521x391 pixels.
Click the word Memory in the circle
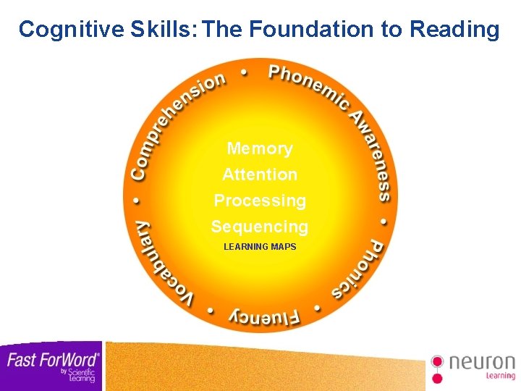point(260,148)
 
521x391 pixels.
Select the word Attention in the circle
point(260,175)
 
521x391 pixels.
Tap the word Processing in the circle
point(260,201)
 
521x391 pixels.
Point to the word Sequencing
point(260,227)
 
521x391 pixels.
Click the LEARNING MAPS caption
point(260,247)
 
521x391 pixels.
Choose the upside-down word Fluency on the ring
point(265,317)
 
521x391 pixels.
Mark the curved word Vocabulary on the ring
point(160,265)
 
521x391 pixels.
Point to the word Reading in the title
point(454,30)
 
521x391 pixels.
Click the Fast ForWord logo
point(51,365)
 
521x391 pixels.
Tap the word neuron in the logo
point(482,362)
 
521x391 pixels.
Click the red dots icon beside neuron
point(437,368)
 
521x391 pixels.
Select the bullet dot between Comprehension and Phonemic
point(243,72)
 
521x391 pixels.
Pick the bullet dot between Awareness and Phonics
point(384,219)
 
